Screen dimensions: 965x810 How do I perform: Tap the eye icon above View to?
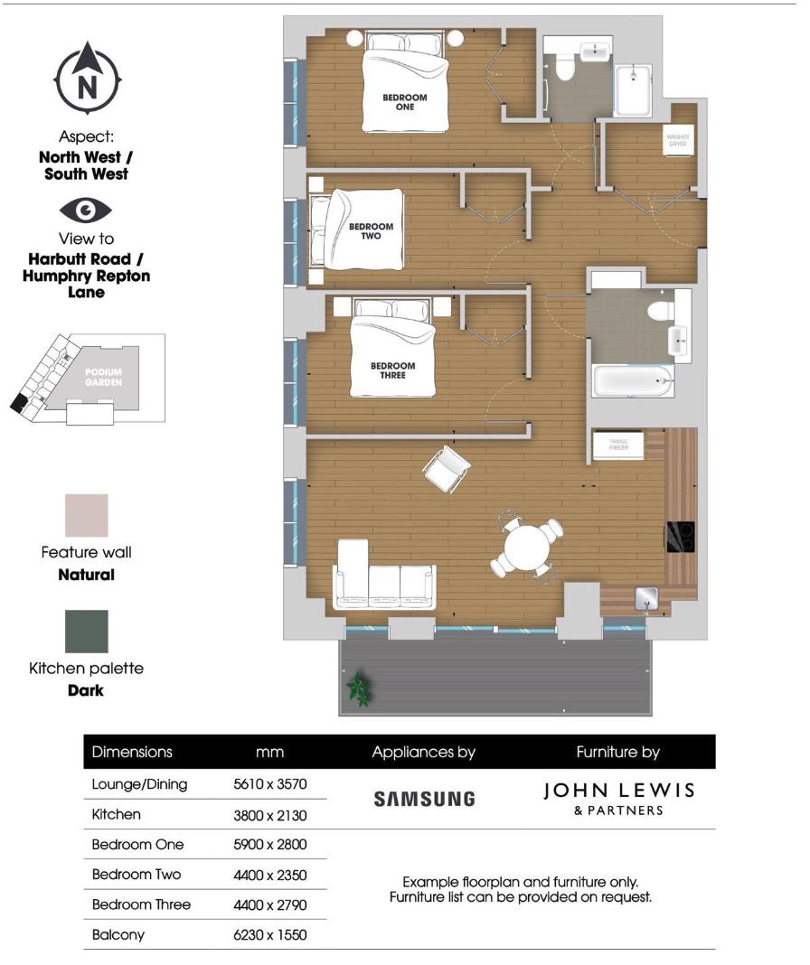[86, 211]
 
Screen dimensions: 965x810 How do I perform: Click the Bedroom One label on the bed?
[404, 102]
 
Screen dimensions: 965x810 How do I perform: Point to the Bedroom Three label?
[392, 370]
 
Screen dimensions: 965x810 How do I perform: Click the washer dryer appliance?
[678, 141]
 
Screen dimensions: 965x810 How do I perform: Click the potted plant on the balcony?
[360, 689]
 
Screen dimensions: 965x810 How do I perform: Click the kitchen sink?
[645, 596]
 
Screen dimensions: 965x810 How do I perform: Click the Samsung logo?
[424, 799]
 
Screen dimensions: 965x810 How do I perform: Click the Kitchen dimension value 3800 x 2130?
[270, 815]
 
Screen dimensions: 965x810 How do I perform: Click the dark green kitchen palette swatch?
[86, 631]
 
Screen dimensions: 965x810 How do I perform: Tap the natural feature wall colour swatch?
[86, 515]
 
